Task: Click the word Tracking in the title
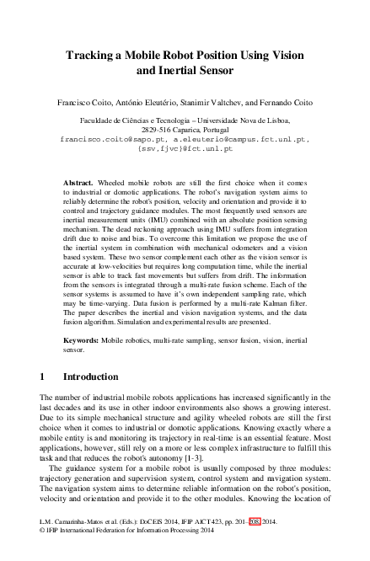coord(92,56)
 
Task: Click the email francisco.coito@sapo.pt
coord(108,140)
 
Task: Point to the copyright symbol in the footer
coord(43,553)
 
